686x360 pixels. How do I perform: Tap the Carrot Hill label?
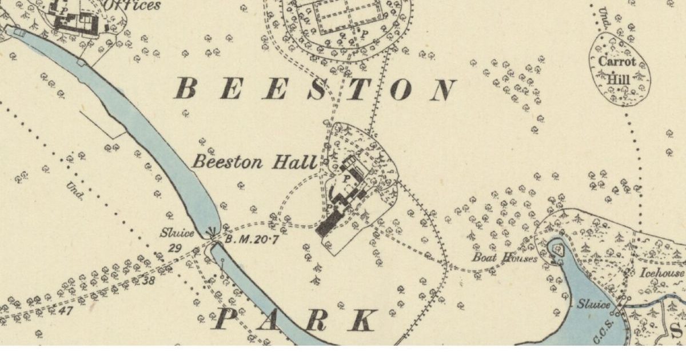click(617, 70)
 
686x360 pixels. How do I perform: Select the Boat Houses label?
click(504, 258)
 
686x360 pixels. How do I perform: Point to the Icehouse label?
click(661, 273)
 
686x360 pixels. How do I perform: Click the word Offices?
click(132, 6)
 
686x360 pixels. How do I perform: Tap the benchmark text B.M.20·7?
click(252, 240)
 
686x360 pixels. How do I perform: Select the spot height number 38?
click(149, 280)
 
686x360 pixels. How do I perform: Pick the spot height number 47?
click(66, 311)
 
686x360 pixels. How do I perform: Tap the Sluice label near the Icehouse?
click(592, 305)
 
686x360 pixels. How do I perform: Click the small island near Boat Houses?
click(556, 248)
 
